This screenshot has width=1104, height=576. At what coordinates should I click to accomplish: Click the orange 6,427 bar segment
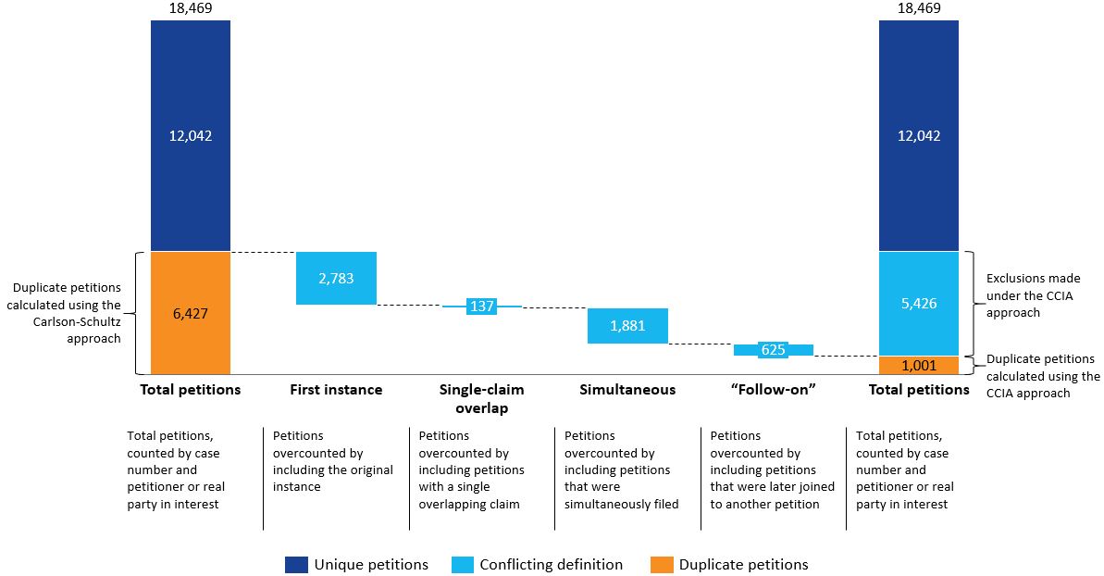point(190,313)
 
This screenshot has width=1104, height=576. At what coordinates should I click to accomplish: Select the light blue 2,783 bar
point(336,278)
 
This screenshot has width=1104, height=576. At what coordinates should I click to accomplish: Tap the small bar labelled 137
point(481,307)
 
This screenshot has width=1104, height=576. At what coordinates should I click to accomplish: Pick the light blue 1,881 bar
point(627,325)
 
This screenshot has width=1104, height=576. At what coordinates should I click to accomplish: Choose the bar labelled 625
point(773,350)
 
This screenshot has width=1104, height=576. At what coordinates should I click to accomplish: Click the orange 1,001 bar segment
point(919,365)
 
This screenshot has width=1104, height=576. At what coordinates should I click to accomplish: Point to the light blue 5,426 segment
point(919,304)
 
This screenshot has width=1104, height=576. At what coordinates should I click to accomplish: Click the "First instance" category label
point(336,389)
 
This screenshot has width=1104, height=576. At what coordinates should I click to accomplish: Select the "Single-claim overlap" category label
point(481,398)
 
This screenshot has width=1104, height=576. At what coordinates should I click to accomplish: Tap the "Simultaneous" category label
point(627,389)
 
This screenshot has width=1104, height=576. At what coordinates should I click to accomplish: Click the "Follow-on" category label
point(773,389)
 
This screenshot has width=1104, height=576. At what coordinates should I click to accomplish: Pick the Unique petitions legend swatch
point(296,565)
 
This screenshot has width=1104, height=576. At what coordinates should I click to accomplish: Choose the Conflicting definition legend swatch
point(462,565)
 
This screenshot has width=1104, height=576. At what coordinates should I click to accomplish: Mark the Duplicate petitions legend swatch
point(662,565)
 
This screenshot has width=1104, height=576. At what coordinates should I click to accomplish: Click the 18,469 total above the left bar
point(190,8)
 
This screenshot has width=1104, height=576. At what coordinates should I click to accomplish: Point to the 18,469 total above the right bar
point(919,8)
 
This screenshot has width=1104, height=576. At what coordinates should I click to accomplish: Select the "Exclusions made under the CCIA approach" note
point(1033,295)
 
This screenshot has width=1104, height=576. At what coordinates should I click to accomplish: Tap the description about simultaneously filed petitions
point(622,470)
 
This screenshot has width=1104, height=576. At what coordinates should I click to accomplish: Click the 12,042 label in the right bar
point(919,135)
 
